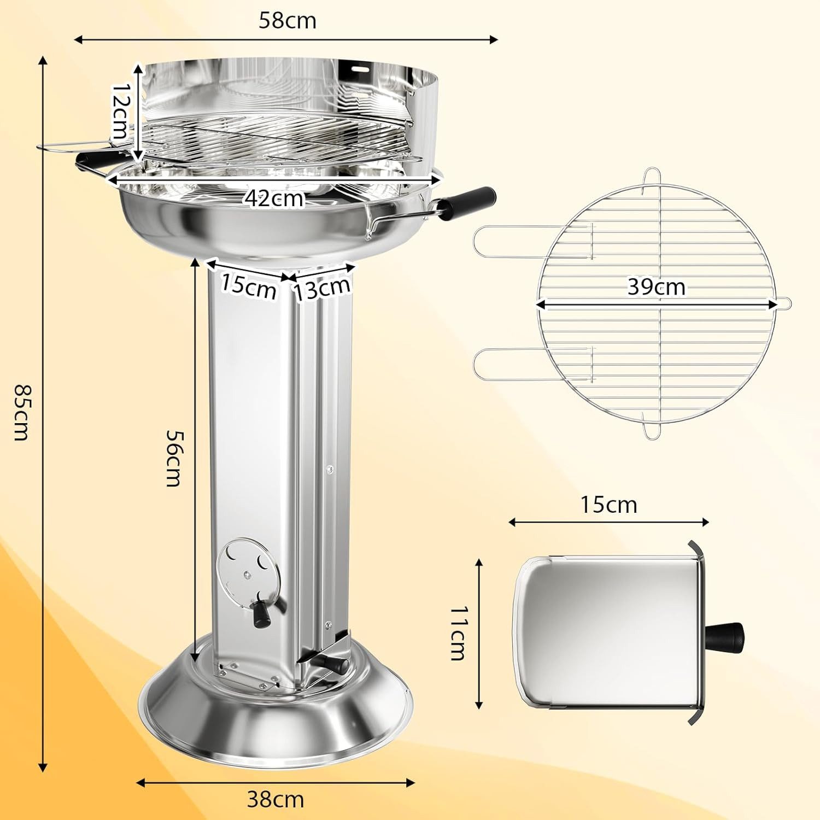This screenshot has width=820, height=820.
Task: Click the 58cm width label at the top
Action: pos(288,21)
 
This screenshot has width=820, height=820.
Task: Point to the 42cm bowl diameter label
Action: pos(274,198)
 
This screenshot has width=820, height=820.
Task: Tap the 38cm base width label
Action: pos(276,799)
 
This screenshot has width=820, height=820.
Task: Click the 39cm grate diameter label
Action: pos(656,286)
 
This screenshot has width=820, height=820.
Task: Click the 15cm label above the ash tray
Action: pos(608,505)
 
